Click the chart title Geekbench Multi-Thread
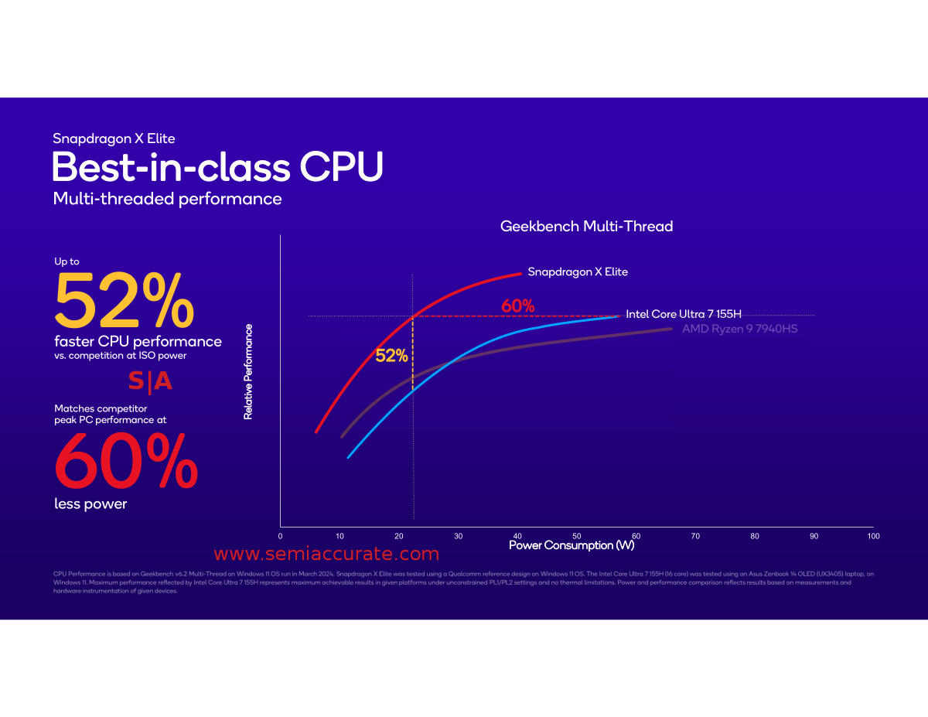(x=586, y=227)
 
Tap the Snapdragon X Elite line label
(x=578, y=272)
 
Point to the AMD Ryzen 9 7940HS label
(x=739, y=329)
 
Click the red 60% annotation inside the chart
(x=517, y=306)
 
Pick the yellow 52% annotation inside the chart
(x=391, y=356)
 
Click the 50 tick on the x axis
(x=577, y=536)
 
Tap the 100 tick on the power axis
(x=873, y=536)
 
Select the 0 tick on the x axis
(x=280, y=536)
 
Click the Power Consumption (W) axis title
(x=571, y=546)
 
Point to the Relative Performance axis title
(x=248, y=372)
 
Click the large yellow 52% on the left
(x=124, y=302)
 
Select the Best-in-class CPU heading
(x=217, y=167)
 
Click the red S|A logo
(x=150, y=381)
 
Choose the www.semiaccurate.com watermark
(x=326, y=554)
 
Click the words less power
(x=90, y=504)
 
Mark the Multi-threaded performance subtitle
(x=167, y=199)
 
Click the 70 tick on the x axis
(x=695, y=536)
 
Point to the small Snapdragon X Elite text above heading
(x=114, y=139)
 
